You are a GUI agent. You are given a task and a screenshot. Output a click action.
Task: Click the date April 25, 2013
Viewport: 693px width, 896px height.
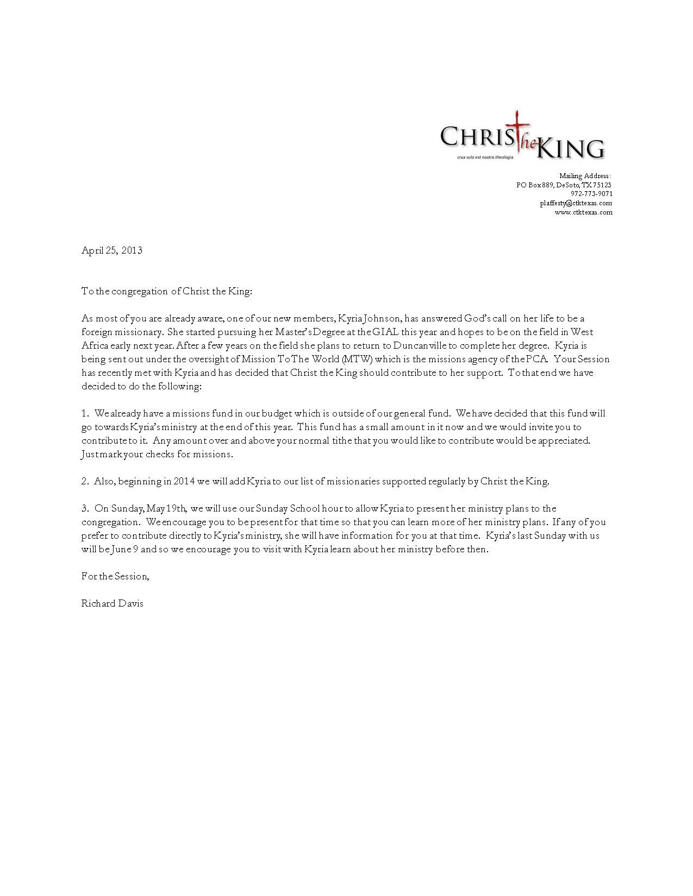[x=112, y=250]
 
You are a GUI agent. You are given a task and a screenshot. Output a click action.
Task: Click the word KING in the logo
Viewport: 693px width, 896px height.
[x=571, y=148]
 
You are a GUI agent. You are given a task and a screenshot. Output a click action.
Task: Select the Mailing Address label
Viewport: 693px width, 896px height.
[x=585, y=176]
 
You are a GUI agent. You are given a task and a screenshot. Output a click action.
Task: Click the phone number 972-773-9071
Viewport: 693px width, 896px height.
[x=591, y=194]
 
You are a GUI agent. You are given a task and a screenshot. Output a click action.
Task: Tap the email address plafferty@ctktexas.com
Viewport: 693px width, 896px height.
[x=576, y=203]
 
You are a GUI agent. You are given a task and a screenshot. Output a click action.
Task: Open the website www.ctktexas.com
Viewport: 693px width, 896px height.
[x=583, y=212]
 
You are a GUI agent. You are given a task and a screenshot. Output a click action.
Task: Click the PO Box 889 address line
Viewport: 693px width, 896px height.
[x=564, y=185]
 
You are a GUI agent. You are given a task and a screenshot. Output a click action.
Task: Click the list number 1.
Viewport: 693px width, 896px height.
[x=85, y=413]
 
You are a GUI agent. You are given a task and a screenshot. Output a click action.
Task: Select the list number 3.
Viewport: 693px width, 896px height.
[x=85, y=508]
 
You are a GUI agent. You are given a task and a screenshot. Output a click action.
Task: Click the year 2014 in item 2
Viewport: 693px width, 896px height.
[x=184, y=481]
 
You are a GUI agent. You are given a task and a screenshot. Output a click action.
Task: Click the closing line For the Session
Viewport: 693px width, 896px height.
[x=115, y=576]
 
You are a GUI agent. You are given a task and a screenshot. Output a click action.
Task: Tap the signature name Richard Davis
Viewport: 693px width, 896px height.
[x=113, y=603]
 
